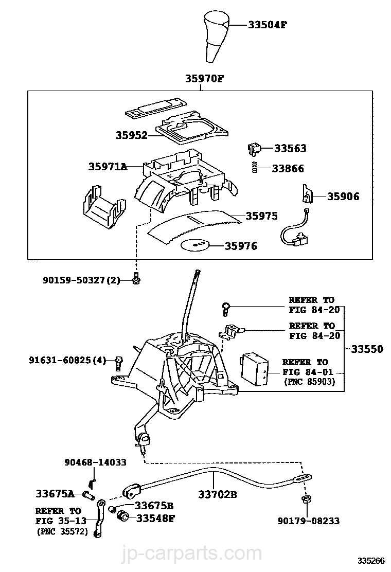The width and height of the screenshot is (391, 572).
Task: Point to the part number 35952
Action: point(131,136)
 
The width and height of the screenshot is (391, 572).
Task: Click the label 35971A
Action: point(108,167)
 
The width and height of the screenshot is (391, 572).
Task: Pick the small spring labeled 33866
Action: point(254,168)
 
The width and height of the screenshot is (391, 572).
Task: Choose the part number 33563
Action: point(290,149)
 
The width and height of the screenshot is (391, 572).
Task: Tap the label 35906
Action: point(343,196)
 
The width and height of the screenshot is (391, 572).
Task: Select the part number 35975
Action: point(261,216)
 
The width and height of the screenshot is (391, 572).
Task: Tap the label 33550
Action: point(367,349)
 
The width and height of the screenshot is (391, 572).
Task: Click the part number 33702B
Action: point(217,495)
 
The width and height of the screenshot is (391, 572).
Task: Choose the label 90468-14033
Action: point(96,462)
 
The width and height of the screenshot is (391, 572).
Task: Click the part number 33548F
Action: point(155,517)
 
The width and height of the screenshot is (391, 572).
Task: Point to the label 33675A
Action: point(55,494)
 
